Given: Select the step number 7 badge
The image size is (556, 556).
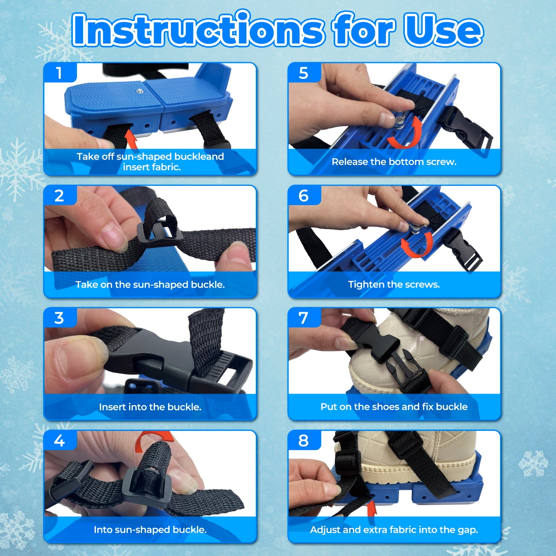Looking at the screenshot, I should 303,318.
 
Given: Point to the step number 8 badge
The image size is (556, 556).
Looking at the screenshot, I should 303,441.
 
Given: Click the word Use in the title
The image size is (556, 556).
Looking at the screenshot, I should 443,30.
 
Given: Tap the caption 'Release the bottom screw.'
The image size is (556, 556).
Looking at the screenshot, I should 394,162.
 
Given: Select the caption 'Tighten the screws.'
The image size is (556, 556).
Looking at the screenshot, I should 394,284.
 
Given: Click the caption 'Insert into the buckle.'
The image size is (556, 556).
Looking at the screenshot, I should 150,407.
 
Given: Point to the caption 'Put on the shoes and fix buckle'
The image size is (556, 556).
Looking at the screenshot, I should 394,407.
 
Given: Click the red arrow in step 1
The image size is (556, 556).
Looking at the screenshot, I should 132,140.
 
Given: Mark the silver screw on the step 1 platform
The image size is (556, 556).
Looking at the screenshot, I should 139,91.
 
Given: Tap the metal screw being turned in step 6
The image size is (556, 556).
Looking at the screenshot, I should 416,229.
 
